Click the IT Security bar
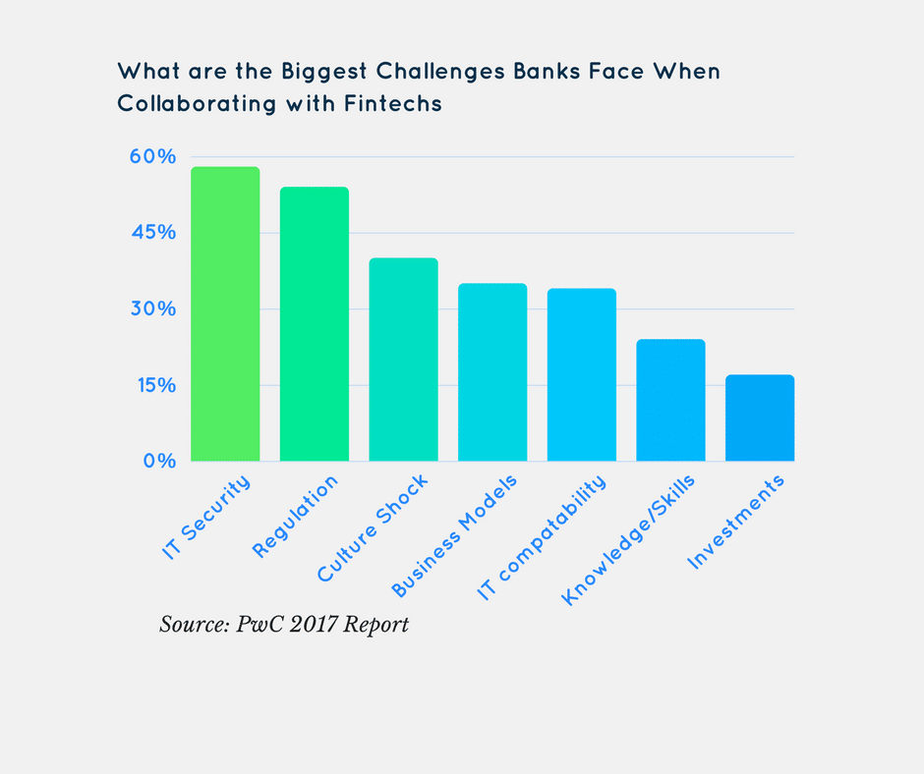coord(225,314)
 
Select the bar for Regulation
coord(315,324)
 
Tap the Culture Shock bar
coord(403,359)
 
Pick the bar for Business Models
coord(492,372)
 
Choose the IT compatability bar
coord(582,375)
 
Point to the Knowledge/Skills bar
coord(670,400)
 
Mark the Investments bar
coord(760,417)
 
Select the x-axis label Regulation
coord(296,516)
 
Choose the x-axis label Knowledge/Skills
coord(629,539)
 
